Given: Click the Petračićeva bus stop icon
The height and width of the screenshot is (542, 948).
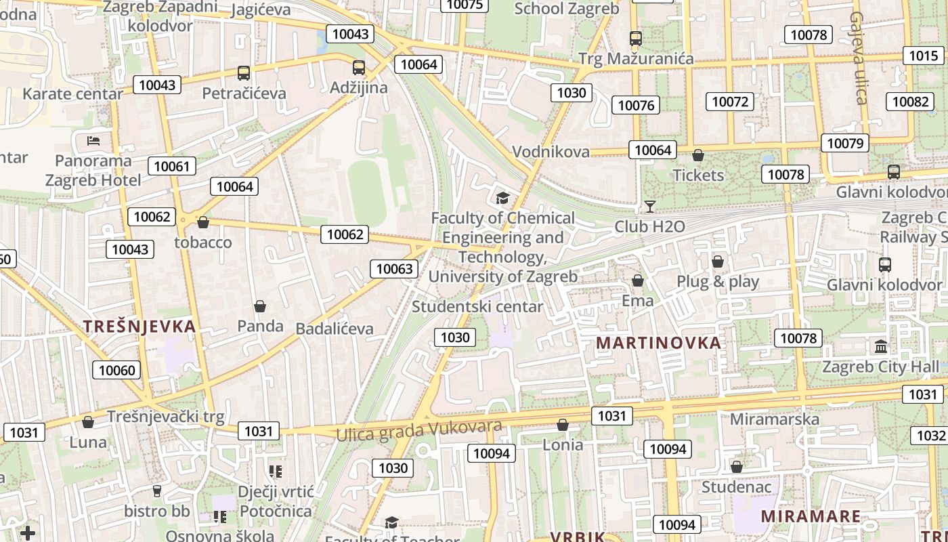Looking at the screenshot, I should coord(243,73).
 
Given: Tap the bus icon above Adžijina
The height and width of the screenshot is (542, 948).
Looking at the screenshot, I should coord(359,68).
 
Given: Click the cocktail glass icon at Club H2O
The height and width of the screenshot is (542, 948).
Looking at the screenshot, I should coord(650,207).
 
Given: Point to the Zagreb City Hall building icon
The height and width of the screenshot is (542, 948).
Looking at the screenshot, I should coord(881,347).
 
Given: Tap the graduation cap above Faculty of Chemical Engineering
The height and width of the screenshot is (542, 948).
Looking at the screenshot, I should coord(502,198).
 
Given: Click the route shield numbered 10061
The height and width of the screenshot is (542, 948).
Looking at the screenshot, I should coord(173,166).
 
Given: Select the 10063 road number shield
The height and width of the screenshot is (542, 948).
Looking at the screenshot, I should coord(394,269).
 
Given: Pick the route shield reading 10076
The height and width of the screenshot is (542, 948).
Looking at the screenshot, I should coord(637,105).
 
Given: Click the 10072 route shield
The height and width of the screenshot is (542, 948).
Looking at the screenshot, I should coord(730,102).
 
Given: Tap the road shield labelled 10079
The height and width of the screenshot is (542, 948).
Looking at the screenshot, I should coord(846,143).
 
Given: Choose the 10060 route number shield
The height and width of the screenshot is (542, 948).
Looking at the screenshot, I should coord(117,370).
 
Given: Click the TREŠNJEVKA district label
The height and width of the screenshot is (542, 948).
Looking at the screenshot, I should coord(139,327).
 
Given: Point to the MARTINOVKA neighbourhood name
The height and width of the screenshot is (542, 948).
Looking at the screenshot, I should coord(658,343).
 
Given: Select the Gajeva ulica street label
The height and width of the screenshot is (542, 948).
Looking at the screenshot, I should coord(858,58).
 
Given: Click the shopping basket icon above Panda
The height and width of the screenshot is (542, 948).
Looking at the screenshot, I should coord(260,307).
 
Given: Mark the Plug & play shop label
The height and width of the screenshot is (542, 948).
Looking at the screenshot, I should coord(718,282).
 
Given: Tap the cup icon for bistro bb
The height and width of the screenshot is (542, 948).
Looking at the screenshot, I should coord(157,491).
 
